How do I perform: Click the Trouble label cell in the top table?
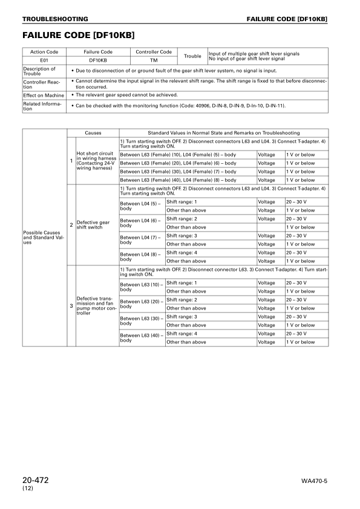tap(192, 56)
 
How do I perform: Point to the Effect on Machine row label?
tap(44, 95)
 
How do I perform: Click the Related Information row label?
tap(44, 106)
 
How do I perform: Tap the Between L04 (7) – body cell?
tap(142, 240)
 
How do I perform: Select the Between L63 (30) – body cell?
tap(142, 320)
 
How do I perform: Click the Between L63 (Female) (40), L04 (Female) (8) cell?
tap(188, 180)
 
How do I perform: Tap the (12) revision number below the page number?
tap(28, 488)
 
